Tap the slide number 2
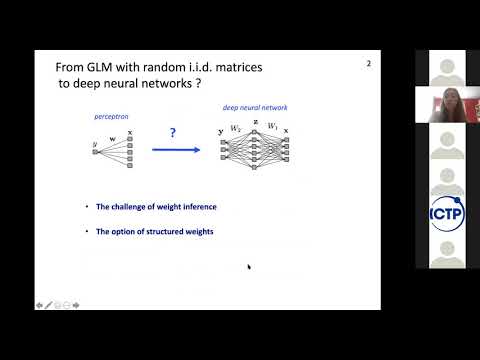point(368,64)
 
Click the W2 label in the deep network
point(237,128)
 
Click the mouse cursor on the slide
point(248,266)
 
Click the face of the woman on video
point(439,101)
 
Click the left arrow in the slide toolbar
point(39,304)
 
